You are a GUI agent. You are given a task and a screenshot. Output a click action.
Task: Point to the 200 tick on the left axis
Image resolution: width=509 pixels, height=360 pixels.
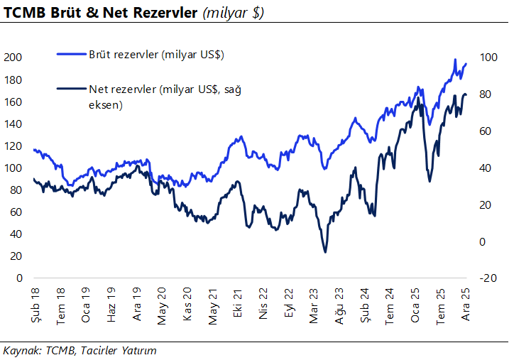pyautogui.click(x=14, y=58)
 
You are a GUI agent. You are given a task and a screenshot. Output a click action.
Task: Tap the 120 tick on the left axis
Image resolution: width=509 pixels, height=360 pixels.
pyautogui.click(x=14, y=146)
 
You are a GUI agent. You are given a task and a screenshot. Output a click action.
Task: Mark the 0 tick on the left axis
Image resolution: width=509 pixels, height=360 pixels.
pyautogui.click(x=20, y=278)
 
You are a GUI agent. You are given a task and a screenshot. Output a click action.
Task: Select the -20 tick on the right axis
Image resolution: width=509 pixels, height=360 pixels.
pyautogui.click(x=487, y=278)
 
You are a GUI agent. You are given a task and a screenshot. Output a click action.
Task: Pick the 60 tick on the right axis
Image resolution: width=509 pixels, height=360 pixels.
pyautogui.click(x=486, y=131)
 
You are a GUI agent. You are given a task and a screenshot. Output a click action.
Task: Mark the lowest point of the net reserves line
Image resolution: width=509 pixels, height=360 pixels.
pyautogui.click(x=325, y=252)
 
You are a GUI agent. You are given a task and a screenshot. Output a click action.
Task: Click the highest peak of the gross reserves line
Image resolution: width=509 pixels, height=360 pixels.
pyautogui.click(x=454, y=60)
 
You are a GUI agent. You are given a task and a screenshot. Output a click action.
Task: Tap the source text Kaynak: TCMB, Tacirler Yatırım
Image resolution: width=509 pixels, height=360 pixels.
pyautogui.click(x=80, y=351)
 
